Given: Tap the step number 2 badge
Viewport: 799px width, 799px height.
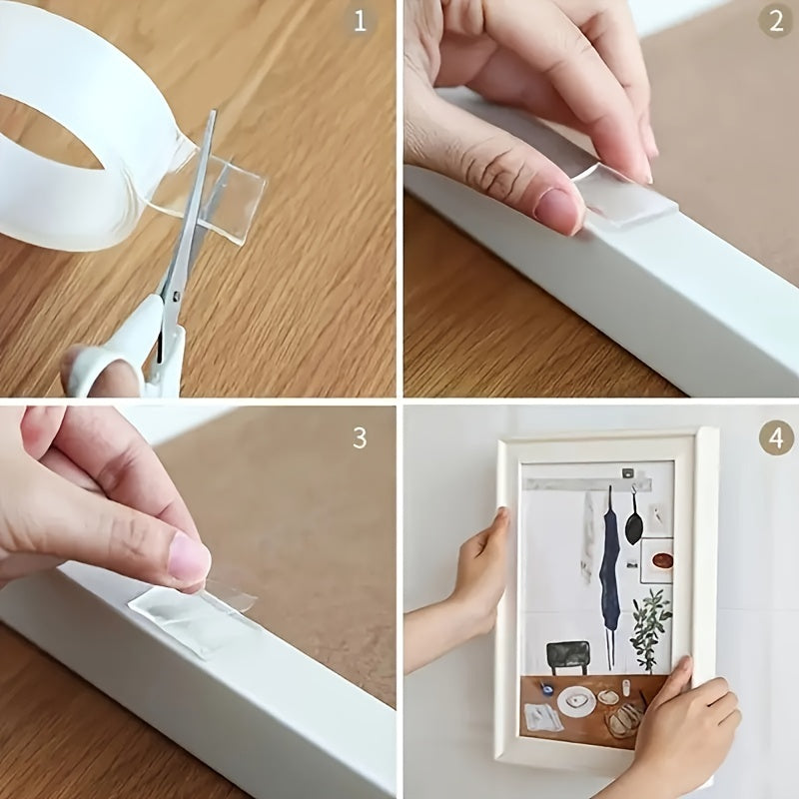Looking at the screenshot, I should (775, 21).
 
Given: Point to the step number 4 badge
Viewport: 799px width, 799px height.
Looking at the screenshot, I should (775, 437).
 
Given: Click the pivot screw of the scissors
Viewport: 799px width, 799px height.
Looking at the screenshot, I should (175, 296).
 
